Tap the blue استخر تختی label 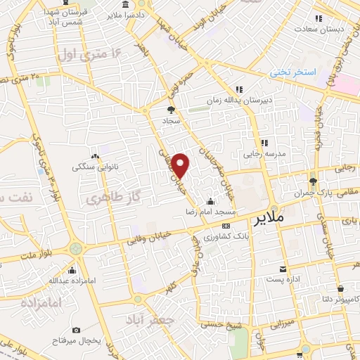pos(294,72)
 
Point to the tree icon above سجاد pos(170,110)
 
